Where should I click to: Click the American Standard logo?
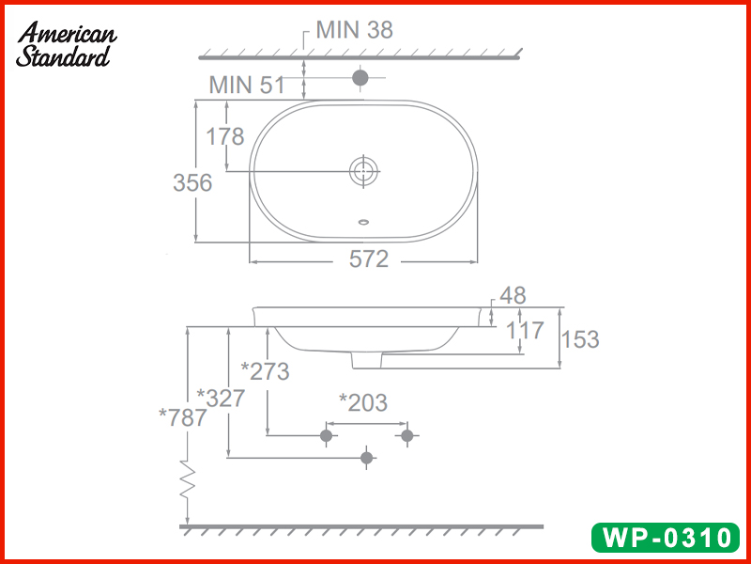tap(66, 44)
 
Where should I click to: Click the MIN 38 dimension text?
tap(354, 29)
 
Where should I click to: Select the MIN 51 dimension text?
tap(246, 85)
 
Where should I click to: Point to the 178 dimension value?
tap(224, 137)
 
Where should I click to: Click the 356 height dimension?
tap(192, 183)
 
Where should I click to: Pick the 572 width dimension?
tap(368, 259)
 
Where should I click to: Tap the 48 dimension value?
tap(513, 296)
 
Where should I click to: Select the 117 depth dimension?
tap(526, 331)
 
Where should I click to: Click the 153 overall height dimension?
tap(580, 339)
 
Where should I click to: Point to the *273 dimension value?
tap(265, 371)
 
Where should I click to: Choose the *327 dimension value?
tap(221, 398)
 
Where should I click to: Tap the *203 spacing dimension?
tap(362, 402)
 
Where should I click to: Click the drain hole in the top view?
tap(362, 171)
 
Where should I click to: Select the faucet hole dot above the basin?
tap(360, 77)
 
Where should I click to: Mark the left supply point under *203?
tap(327, 435)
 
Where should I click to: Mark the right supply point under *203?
tap(406, 435)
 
